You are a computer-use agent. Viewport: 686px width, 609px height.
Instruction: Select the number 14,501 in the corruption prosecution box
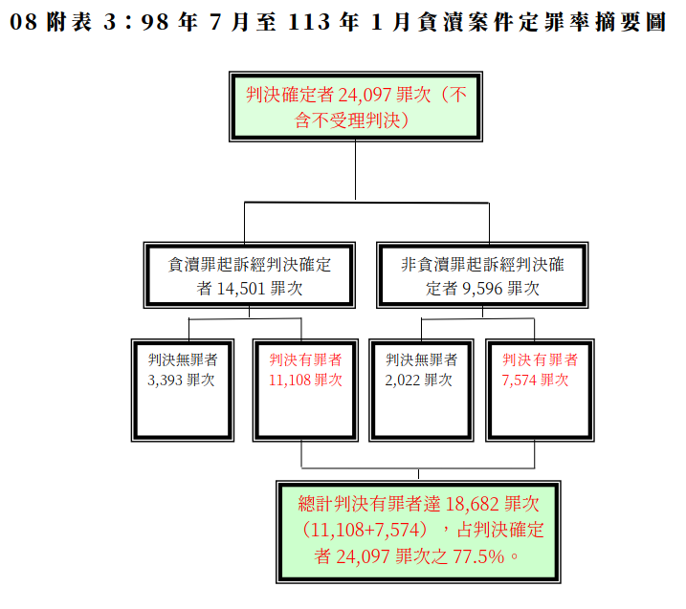tap(241, 289)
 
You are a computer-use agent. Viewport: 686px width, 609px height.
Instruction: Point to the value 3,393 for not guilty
tap(165, 380)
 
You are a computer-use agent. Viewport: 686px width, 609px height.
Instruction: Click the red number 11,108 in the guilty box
tap(290, 380)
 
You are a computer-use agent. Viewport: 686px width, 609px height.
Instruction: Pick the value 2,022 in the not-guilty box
tap(403, 380)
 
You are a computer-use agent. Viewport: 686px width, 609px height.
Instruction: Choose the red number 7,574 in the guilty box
tap(519, 380)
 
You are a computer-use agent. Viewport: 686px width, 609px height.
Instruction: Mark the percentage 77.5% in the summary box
tap(478, 556)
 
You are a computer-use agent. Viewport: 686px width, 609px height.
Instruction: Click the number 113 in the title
tap(309, 22)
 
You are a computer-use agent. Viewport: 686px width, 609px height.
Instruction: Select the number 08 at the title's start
tap(24, 22)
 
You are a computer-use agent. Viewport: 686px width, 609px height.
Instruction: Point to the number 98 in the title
tap(155, 22)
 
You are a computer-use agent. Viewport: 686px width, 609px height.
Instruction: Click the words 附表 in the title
tap(70, 22)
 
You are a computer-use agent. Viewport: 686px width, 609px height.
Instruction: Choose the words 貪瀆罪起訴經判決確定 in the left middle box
tap(250, 265)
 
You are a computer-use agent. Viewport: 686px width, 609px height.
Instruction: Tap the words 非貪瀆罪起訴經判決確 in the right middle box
tap(482, 265)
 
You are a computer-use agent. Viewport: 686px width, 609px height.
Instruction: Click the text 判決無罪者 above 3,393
tap(183, 359)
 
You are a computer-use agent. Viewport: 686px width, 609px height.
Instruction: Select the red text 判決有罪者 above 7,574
tap(540, 359)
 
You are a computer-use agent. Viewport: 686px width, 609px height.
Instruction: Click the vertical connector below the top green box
tap(355, 170)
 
